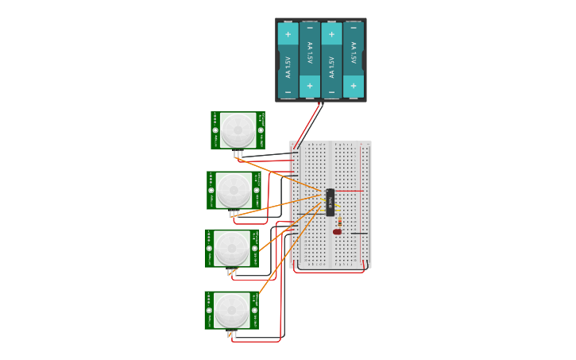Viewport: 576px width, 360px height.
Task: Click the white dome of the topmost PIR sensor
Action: (238, 130)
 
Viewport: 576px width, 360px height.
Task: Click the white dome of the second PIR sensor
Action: (234, 190)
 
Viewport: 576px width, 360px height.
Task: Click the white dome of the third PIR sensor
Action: (232, 248)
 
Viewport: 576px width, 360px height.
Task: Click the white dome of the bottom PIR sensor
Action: (232, 310)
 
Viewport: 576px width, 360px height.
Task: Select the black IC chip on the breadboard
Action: (330, 202)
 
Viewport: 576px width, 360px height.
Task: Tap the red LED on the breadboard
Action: (338, 232)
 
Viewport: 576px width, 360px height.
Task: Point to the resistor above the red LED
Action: (339, 222)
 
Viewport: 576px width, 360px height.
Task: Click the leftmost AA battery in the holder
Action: (288, 60)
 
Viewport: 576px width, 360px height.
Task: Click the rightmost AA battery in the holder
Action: (354, 60)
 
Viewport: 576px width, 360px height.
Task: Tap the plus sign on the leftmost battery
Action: (288, 34)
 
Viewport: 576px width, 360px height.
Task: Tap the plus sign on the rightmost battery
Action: (354, 86)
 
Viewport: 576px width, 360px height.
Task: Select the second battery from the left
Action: (310, 60)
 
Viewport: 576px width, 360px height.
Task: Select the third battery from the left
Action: (332, 60)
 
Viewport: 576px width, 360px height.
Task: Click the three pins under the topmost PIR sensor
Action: (238, 153)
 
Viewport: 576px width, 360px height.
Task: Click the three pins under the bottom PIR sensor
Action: (231, 335)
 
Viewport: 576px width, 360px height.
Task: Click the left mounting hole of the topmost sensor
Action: (215, 130)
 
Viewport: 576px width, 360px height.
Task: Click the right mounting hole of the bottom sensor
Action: (255, 310)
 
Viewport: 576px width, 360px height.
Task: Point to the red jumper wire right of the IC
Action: (350, 191)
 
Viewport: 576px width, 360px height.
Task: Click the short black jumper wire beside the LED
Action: (359, 234)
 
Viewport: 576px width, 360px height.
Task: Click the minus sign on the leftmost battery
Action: (288, 92)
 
